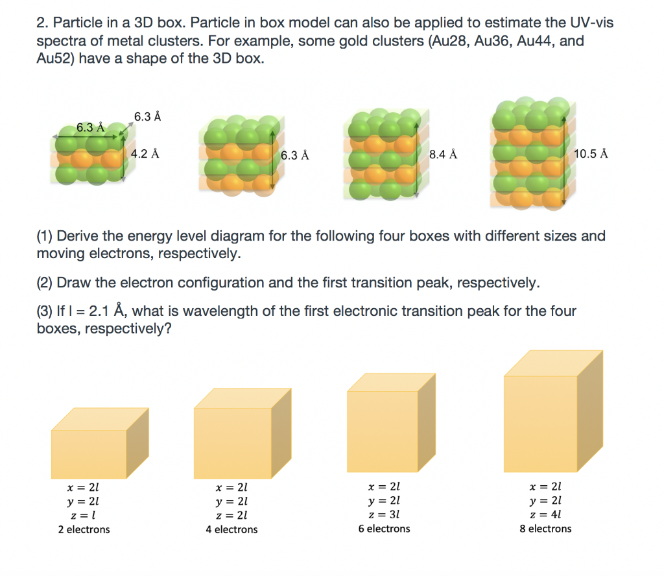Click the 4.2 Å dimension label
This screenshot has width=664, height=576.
pos(145,154)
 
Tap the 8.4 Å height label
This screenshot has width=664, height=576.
pos(444,154)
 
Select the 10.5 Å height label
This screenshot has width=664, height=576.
pos(591,154)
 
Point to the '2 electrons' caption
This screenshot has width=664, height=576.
pos(84,529)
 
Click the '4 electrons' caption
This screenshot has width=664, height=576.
pos(231,529)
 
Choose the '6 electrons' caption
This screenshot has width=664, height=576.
pos(384,529)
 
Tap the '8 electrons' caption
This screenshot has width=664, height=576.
pos(545,529)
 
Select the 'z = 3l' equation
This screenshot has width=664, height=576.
pos(384,514)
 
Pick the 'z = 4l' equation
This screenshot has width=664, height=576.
pos(545,514)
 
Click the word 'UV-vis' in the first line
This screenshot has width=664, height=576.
pos(587,23)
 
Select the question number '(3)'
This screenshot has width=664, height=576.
pos(46,311)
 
